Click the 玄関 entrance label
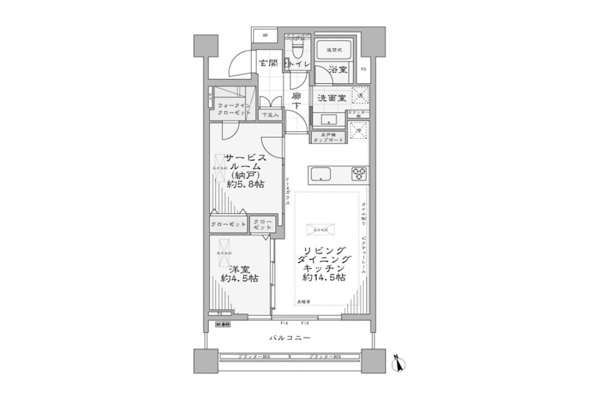pos(269,63)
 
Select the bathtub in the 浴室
pos(334,50)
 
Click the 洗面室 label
pos(332,98)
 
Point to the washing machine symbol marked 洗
pos(360,95)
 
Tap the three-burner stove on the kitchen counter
pos(359,174)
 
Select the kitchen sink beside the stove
pos(321,174)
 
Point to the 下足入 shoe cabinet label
pos(270,115)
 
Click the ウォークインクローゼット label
pos(234,109)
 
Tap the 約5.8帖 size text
pos(246,184)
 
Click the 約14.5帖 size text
pos(324,277)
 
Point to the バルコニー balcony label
pos(290,338)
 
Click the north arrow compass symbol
pos(398,363)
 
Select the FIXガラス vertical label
pos(288,191)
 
